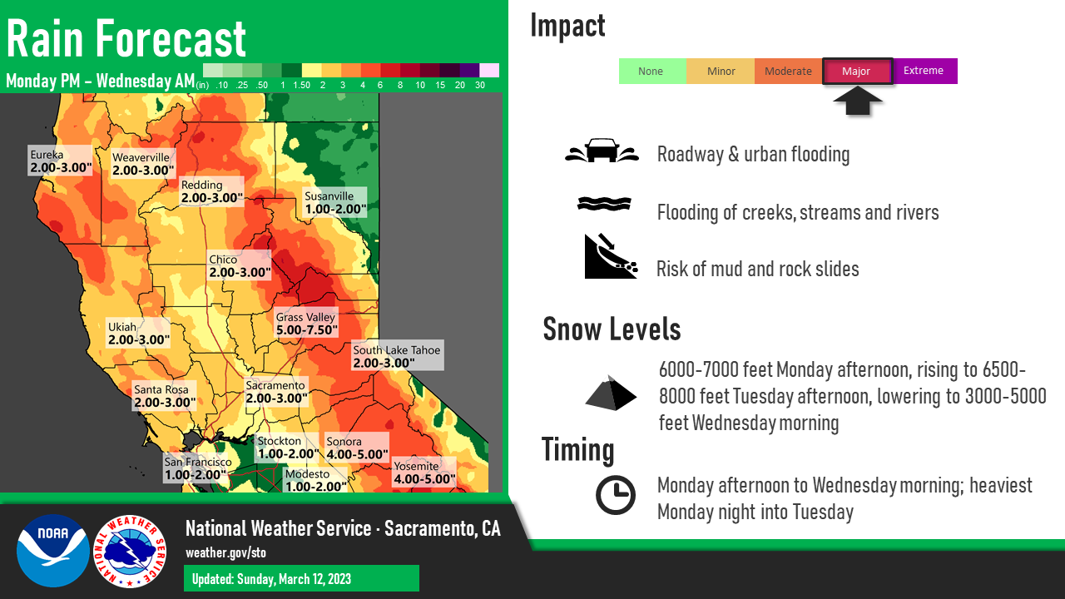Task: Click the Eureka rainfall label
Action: point(60,161)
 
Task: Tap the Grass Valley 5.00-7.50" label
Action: point(307,324)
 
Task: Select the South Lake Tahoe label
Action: point(398,355)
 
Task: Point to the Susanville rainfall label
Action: point(335,202)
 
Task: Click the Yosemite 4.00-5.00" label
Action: point(424,472)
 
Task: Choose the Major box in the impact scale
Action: point(857,72)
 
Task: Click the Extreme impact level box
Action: point(924,71)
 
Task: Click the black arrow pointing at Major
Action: point(858,101)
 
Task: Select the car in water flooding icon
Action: point(602,151)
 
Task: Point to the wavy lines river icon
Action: point(604,204)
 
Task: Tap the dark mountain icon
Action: point(611,393)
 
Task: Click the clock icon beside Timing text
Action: point(615,495)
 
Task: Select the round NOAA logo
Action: point(52,551)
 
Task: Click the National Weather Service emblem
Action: point(130,552)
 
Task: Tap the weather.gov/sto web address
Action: point(225,553)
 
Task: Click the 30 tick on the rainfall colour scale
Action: point(480,85)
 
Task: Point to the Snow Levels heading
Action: point(612,329)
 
